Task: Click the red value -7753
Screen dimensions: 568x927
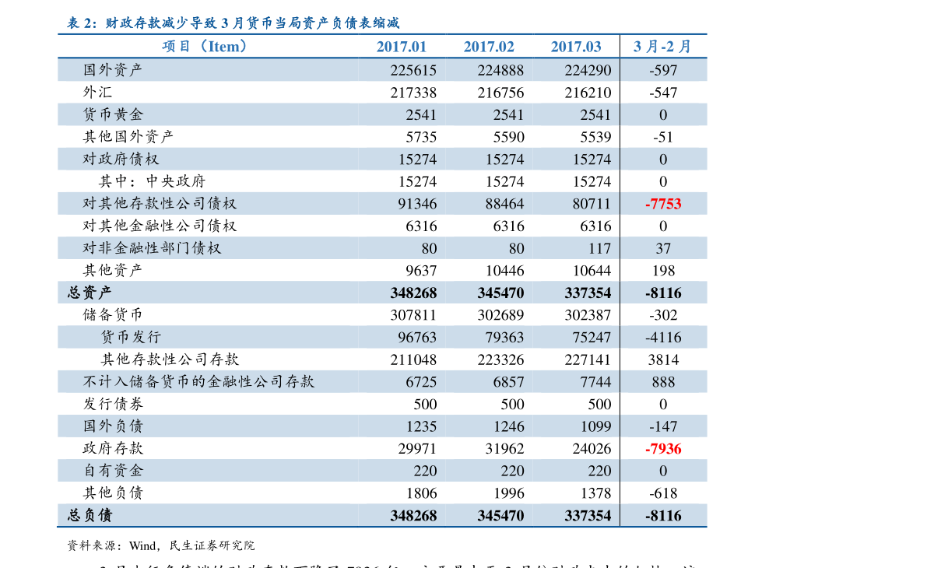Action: [663, 204]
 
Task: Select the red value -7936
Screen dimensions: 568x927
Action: [663, 449]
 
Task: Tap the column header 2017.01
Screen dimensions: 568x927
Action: [402, 47]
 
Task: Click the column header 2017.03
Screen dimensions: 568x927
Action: [576, 47]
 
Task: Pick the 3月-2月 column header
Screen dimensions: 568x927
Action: [663, 47]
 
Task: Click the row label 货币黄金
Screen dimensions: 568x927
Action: [113, 114]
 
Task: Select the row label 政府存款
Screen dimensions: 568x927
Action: [113, 449]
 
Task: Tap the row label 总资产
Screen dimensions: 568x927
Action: [90, 293]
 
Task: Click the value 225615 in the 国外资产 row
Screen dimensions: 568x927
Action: [413, 70]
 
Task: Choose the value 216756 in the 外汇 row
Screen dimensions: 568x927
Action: [500, 93]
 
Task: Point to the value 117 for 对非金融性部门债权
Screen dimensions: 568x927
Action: [599, 249]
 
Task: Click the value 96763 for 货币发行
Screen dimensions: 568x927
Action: [417, 338]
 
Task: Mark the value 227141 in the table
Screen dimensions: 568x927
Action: [588, 359]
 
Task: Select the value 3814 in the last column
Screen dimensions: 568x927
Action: [663, 359]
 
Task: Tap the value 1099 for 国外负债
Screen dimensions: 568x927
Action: [595, 426]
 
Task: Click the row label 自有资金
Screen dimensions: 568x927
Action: [113, 471]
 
